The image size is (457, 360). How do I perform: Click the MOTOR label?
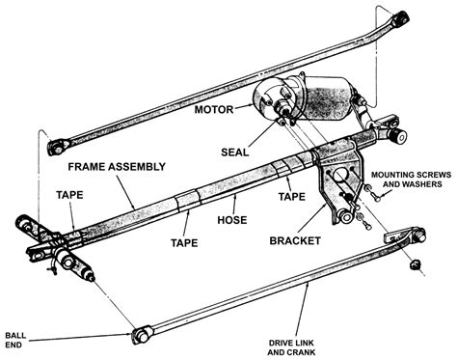214,109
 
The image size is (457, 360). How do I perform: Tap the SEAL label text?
235,152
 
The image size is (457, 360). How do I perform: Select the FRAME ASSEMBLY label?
117,167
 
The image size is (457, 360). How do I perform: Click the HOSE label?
232,220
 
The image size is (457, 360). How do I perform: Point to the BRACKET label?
295,241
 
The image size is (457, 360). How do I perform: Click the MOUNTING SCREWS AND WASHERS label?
412,180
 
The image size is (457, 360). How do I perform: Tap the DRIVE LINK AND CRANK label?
291,347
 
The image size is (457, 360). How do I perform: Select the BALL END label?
15,340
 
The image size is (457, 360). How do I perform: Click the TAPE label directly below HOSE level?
184,242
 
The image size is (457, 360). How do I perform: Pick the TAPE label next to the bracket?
291,196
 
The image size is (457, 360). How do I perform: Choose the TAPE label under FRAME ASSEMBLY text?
69,195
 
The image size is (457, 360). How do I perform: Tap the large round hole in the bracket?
340,176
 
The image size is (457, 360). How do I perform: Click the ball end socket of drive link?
142,335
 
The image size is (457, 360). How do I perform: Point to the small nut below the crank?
414,265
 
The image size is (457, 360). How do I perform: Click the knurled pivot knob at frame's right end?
399,136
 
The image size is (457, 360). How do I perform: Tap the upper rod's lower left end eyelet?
57,148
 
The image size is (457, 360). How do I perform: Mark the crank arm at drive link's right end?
406,235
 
